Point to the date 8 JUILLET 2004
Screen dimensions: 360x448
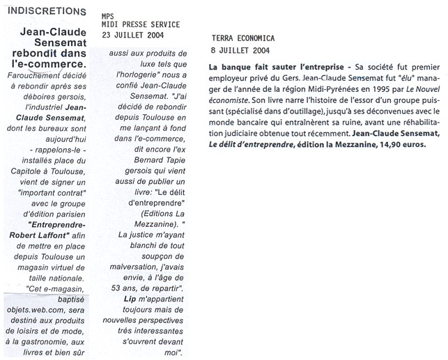240,50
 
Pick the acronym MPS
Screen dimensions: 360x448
107,13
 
